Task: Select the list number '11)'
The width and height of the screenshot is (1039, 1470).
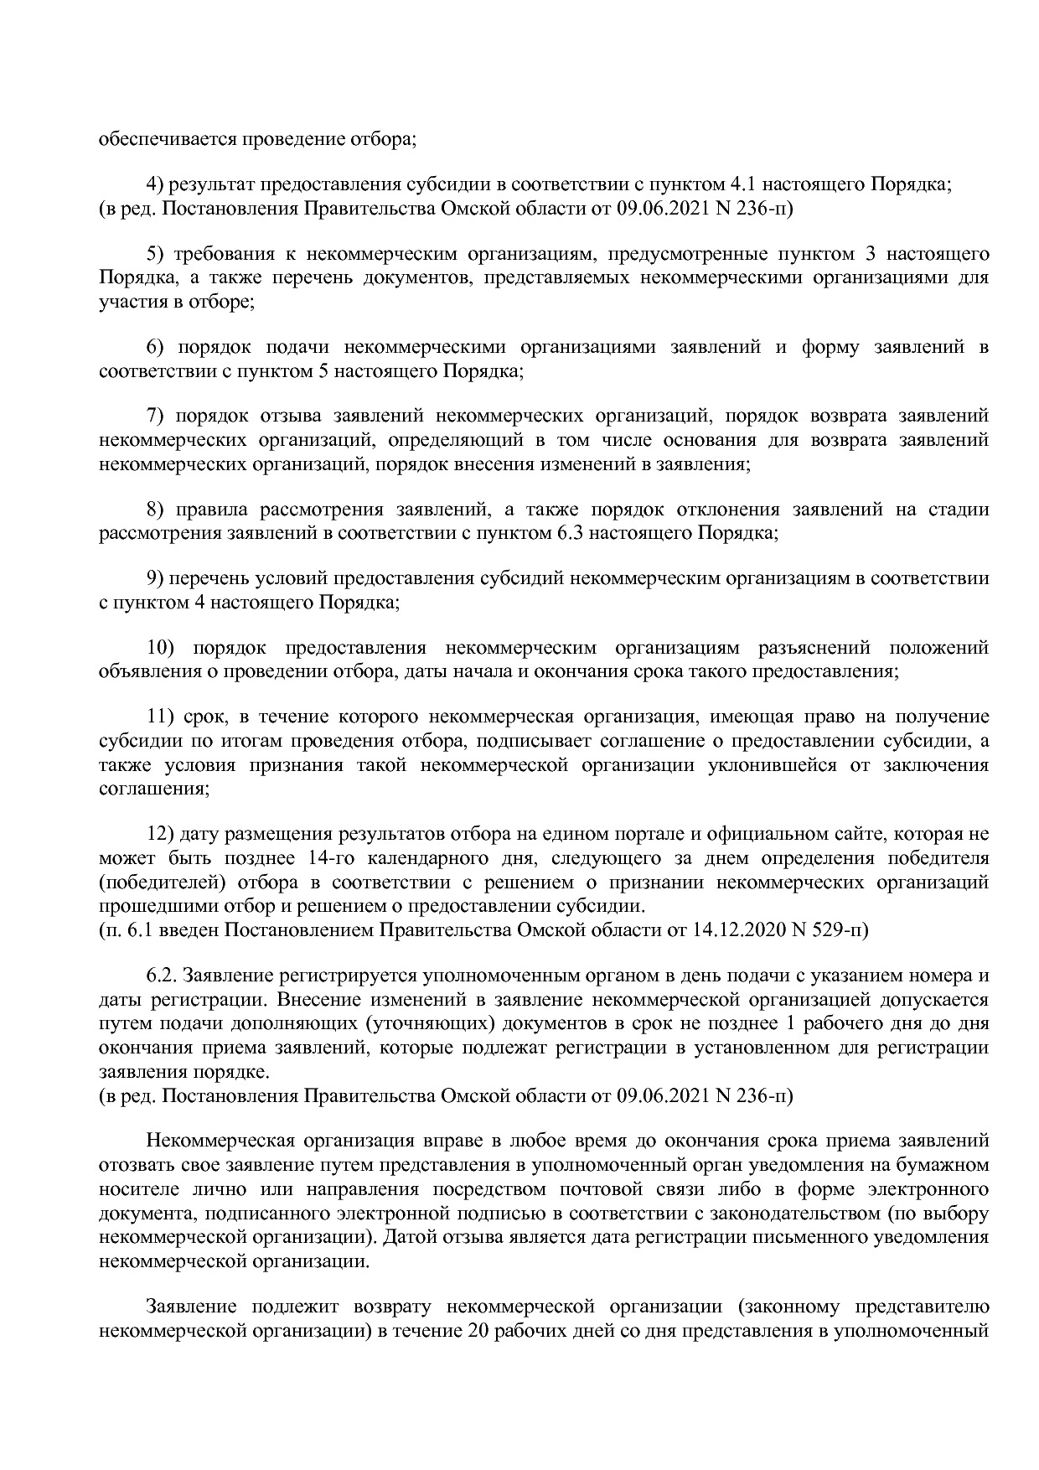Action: click(x=159, y=717)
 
